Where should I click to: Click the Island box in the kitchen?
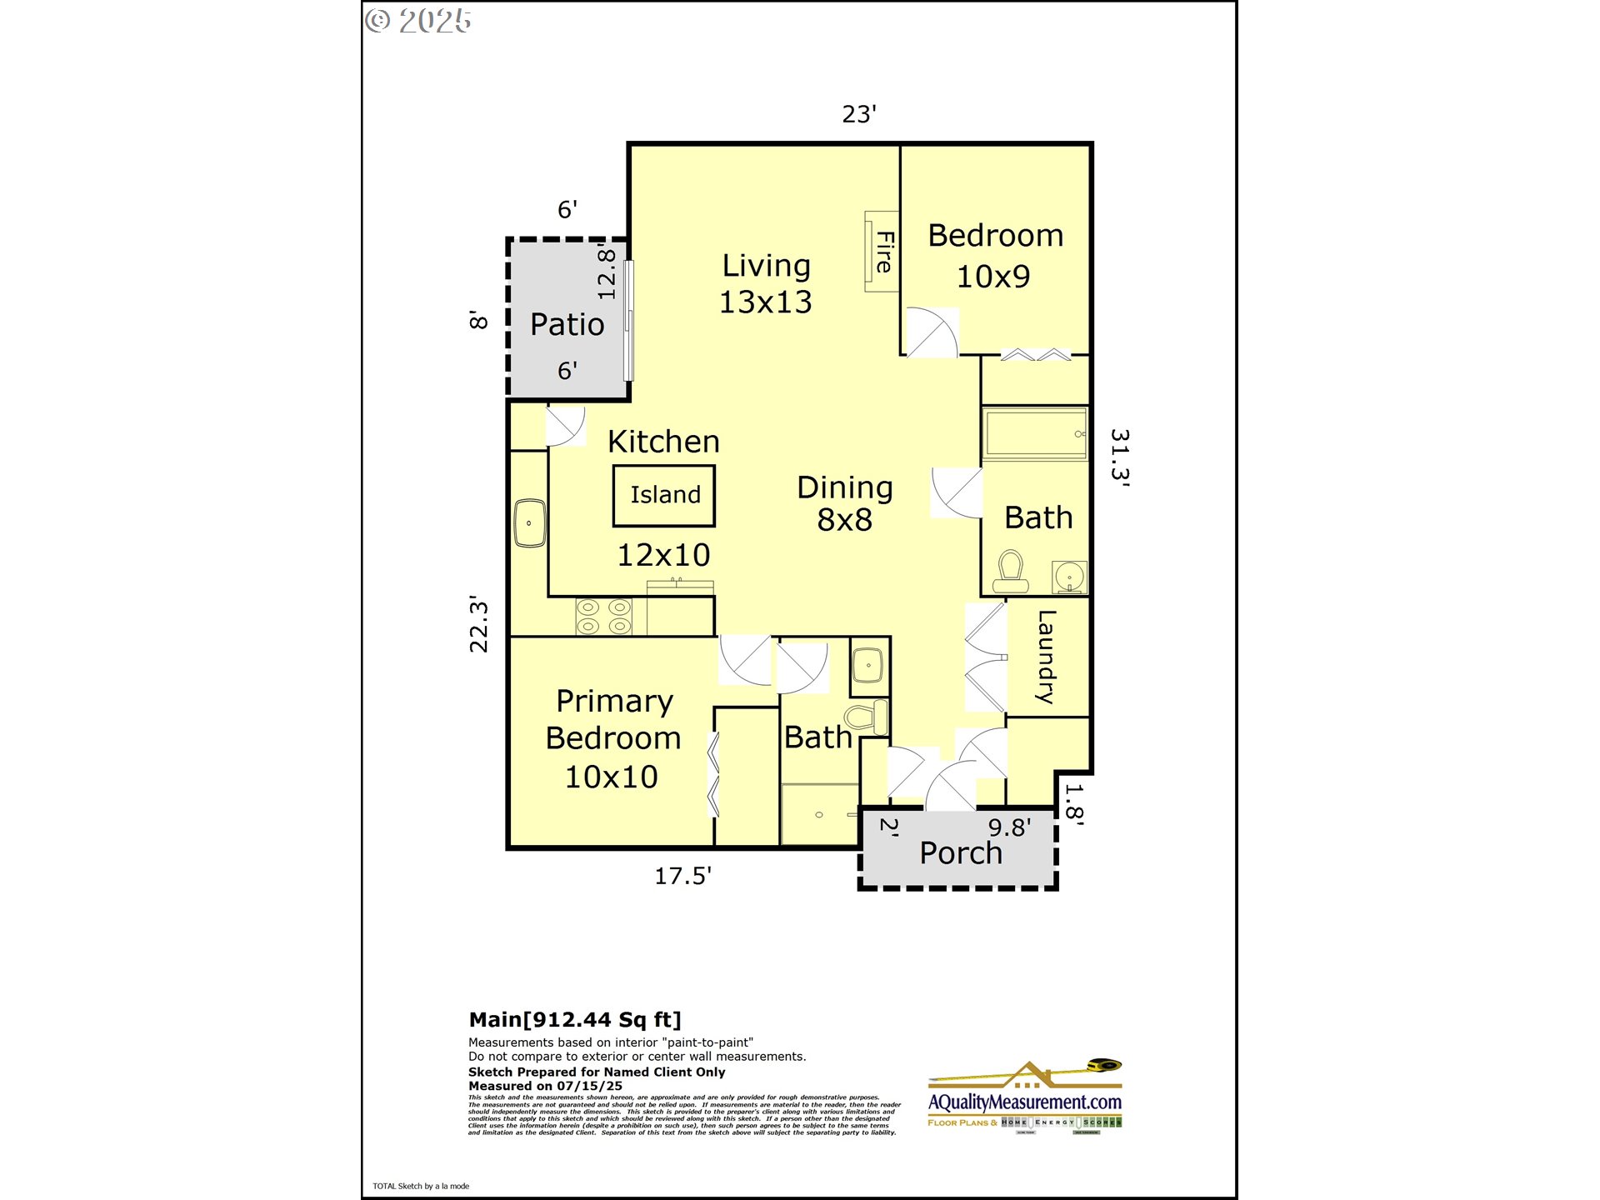663,495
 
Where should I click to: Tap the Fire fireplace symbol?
882,251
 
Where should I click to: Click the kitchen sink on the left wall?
529,522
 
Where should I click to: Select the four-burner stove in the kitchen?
604,617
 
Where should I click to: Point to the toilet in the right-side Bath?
1011,572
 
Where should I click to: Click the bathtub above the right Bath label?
1035,433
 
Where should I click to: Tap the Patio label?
567,324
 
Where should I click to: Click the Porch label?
960,853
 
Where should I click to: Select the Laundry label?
1046,657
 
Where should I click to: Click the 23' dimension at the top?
858,114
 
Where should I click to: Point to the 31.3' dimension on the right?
1119,457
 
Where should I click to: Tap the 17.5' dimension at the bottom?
682,876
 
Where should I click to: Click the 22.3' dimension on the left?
478,624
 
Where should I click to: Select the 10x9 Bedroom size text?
992,277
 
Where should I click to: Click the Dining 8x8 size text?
844,520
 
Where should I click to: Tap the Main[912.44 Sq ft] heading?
575,1019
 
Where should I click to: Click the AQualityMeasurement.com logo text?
1024,1102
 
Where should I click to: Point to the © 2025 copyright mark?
418,21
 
